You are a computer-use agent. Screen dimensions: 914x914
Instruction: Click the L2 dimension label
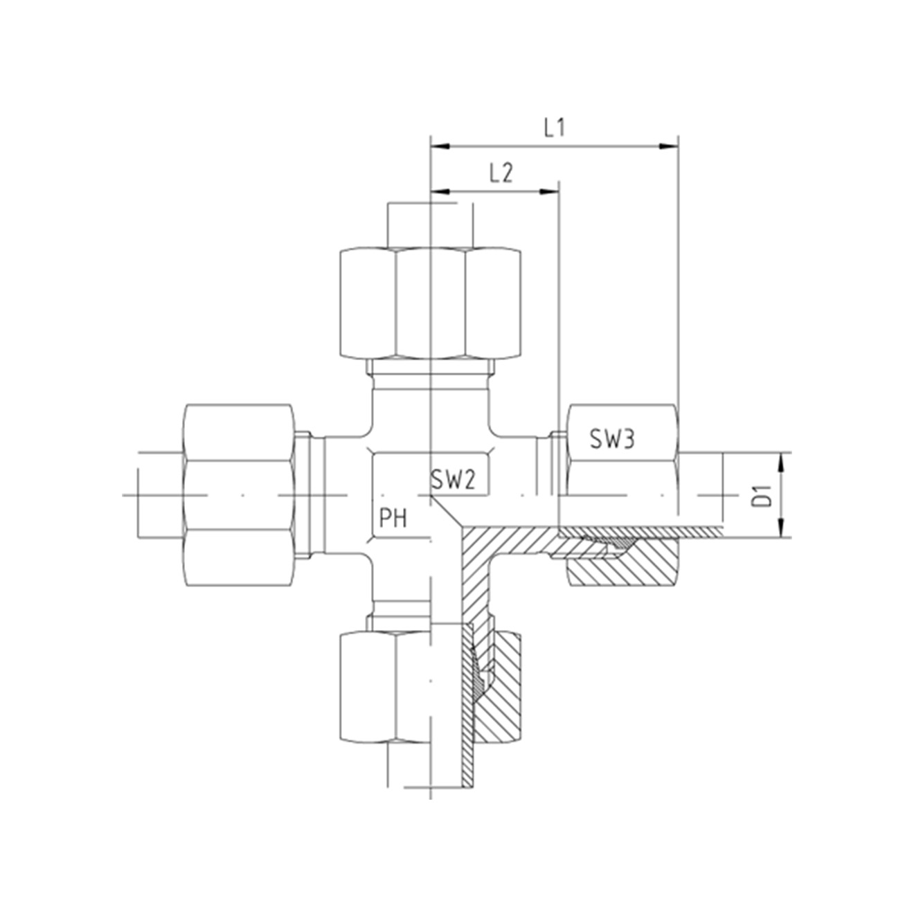coord(501,174)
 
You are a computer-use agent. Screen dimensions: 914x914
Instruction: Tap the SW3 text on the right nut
coord(612,439)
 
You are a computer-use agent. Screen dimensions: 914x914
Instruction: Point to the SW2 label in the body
coord(453,481)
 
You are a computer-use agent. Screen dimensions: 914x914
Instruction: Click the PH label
coord(393,519)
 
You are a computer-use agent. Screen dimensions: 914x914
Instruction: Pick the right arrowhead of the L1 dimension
coord(670,147)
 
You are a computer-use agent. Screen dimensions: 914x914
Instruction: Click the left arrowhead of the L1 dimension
coord(440,147)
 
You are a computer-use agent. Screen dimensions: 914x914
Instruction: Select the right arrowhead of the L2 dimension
coord(550,192)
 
